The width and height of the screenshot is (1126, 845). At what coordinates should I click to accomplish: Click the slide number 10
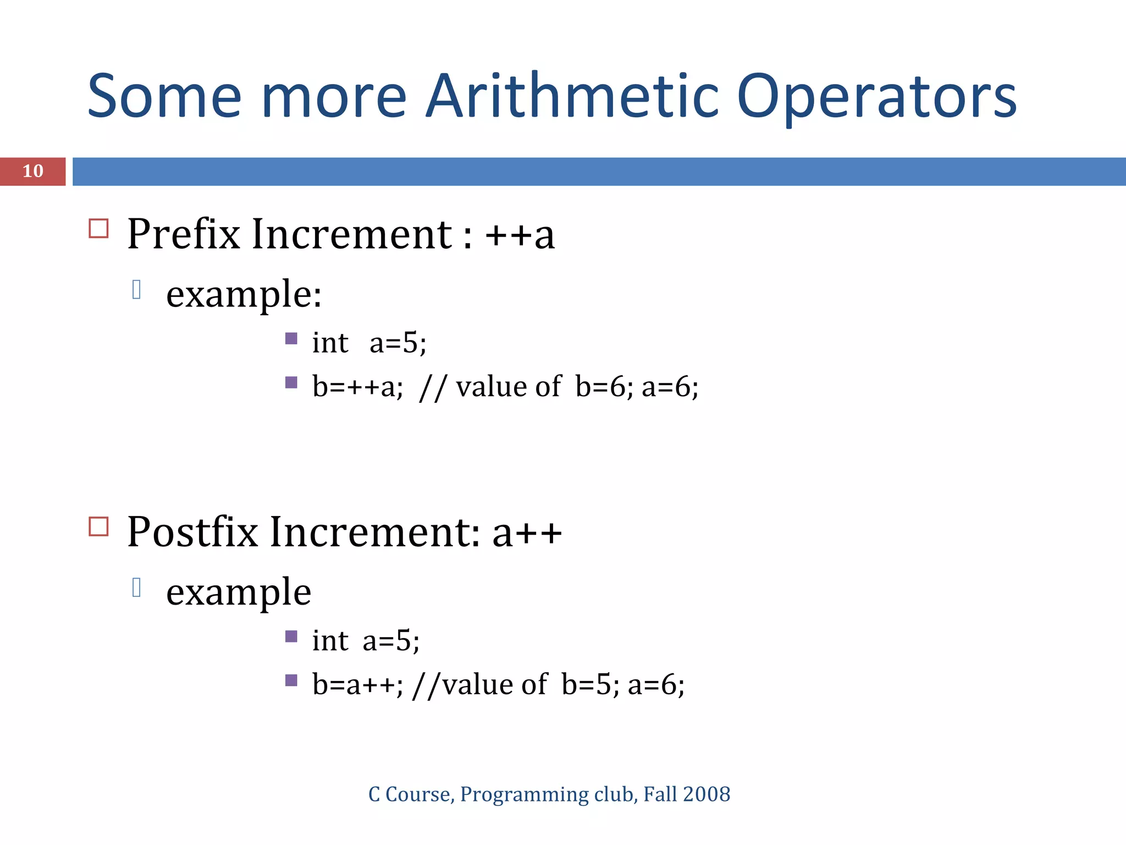click(x=33, y=171)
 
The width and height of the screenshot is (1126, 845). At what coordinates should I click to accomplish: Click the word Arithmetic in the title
click(x=572, y=97)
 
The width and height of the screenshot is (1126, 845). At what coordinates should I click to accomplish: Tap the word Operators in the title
click(x=876, y=97)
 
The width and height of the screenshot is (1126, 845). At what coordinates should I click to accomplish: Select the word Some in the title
click(x=164, y=97)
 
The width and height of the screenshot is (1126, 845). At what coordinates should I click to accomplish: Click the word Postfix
click(x=192, y=532)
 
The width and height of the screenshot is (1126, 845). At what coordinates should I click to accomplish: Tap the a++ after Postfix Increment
click(x=527, y=533)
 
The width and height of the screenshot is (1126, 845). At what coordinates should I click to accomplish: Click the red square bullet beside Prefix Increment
click(x=98, y=228)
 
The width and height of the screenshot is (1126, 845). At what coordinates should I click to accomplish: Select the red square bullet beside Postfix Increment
click(x=98, y=526)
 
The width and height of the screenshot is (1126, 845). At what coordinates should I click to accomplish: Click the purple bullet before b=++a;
click(x=291, y=382)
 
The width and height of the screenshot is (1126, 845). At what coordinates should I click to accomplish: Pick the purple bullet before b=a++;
click(x=291, y=681)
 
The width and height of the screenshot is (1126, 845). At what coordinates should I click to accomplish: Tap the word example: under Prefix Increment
click(x=244, y=295)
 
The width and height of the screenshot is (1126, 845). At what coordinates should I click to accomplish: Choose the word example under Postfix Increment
click(x=239, y=593)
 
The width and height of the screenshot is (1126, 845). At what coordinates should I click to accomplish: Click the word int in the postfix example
click(x=330, y=641)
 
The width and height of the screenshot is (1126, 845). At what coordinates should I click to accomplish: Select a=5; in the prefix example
click(x=398, y=343)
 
